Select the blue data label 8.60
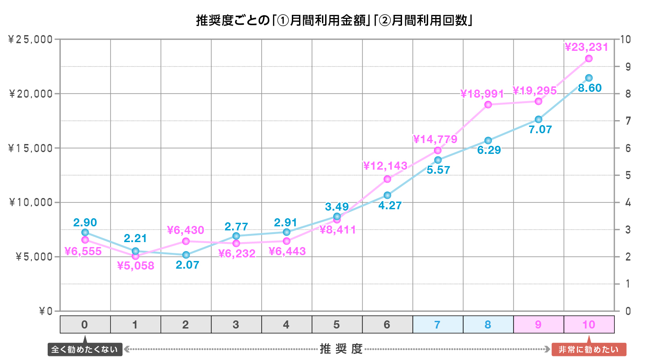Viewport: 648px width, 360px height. point(590,88)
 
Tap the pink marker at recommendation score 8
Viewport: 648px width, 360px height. point(488,104)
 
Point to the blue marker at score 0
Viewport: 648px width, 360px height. point(85,232)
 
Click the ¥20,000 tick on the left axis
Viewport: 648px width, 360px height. point(31,94)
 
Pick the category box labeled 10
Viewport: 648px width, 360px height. point(589,324)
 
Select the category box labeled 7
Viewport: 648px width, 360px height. point(438,324)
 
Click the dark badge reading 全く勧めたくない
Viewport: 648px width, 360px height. point(85,350)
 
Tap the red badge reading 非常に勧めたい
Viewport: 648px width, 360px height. point(589,350)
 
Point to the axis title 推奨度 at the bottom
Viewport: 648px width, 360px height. point(341,349)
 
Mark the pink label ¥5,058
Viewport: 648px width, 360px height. point(135,266)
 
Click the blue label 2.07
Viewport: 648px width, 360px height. point(187,265)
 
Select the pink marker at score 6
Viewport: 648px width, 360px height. point(388,179)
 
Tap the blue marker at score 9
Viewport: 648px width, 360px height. point(538,119)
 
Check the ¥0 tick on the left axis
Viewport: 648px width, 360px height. point(46,311)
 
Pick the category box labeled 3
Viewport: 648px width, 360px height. point(236,324)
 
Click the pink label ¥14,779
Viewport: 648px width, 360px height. point(435,139)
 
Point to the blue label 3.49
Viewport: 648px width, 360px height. point(337,207)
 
